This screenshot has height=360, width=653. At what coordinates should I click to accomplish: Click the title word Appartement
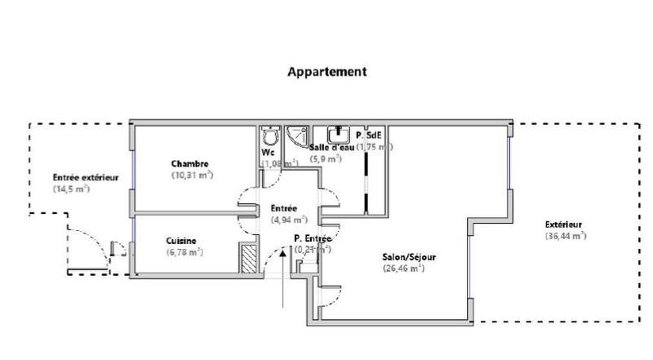coord(326,72)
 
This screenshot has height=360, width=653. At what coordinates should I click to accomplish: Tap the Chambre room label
coord(190,163)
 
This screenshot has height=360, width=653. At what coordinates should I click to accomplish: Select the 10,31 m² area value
coord(192,175)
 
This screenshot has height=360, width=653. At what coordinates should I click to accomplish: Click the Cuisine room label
coord(180,241)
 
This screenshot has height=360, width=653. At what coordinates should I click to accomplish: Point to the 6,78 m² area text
coord(184,251)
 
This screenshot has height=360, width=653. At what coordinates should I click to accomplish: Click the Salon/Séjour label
coord(409,256)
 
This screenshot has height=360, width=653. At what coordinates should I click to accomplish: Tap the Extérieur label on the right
coord(565,224)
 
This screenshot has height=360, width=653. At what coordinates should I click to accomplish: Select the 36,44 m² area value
coord(566,236)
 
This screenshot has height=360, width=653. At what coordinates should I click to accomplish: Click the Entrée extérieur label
coord(86,177)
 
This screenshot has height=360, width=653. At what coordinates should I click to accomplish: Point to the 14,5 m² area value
coord(71,189)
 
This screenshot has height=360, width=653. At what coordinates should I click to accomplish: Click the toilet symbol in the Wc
coord(270,136)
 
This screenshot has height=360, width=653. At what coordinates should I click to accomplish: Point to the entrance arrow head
coord(282,251)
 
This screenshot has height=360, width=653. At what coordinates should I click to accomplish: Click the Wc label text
coord(268,152)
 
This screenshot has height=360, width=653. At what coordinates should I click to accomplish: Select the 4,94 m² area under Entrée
coord(289,220)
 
